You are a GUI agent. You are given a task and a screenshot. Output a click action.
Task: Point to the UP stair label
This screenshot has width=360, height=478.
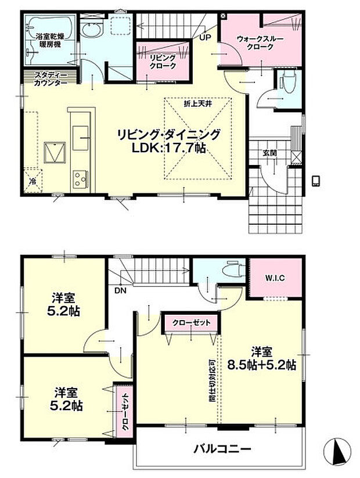coord(205,38)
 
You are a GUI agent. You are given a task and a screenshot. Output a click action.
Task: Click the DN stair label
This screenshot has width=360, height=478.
coord(120,291)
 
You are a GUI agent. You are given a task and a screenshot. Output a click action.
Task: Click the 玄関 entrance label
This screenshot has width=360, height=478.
coord(269,153)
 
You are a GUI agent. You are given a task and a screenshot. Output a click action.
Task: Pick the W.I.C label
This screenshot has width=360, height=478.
coord(275,278)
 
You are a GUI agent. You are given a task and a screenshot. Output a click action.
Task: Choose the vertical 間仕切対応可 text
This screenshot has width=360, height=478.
coord(213,380)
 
